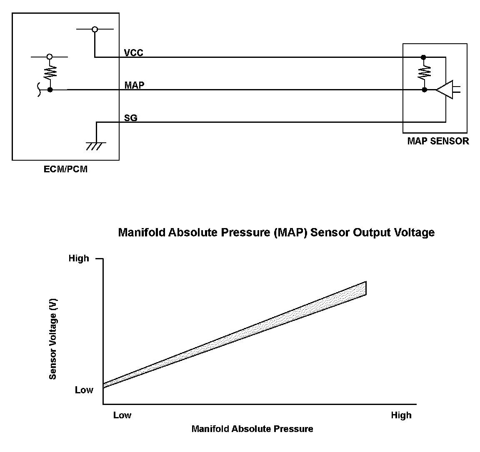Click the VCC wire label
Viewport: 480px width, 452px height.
(133, 53)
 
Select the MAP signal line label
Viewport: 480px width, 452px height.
(134, 85)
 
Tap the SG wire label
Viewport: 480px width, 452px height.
(131, 118)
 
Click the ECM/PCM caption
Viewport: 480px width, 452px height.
(65, 169)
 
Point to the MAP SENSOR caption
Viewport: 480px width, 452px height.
(438, 141)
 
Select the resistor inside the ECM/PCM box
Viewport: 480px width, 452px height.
(50, 72)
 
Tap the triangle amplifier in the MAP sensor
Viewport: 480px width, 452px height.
(445, 89)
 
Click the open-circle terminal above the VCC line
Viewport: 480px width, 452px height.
(95, 29)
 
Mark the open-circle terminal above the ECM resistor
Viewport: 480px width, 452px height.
(50, 56)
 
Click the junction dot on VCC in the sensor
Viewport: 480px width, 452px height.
(424, 57)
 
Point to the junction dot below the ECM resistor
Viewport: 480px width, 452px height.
(50, 89)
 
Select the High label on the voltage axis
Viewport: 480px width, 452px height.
(79, 258)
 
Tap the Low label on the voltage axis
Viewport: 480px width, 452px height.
(84, 390)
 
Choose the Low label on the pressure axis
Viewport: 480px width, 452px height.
(122, 415)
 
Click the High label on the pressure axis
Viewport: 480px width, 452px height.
(401, 415)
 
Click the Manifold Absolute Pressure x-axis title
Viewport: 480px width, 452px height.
(252, 429)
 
